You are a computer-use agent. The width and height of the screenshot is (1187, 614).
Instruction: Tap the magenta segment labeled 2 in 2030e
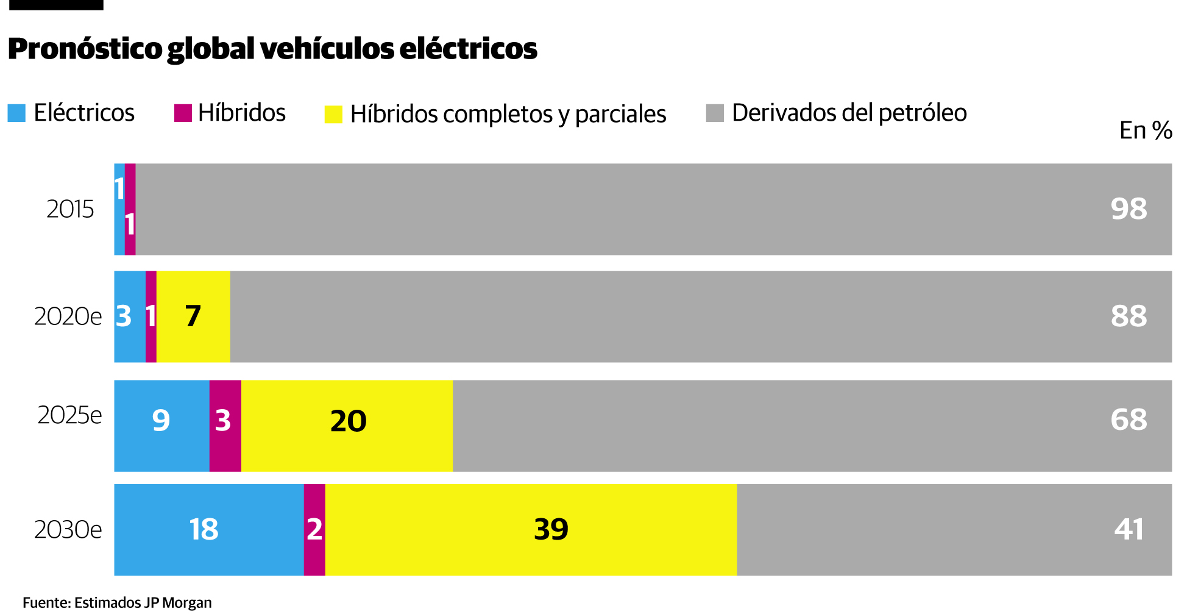(x=314, y=529)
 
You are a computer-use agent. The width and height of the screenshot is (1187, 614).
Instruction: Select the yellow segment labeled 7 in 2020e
(x=193, y=316)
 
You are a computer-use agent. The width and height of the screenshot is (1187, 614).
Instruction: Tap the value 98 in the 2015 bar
(x=1129, y=209)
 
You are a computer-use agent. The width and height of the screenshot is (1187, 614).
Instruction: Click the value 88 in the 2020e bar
(x=1129, y=316)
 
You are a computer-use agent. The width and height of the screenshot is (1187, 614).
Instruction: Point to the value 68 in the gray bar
(x=1129, y=419)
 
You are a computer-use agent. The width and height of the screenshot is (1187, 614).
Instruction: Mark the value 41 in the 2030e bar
(x=1129, y=529)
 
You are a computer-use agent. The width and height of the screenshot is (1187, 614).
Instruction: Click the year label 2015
(x=70, y=209)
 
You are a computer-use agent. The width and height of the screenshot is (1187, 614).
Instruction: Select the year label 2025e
(x=69, y=415)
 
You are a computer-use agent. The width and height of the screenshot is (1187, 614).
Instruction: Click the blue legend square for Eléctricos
(x=16, y=113)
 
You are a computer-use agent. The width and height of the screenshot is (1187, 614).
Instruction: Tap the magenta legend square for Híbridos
(x=183, y=113)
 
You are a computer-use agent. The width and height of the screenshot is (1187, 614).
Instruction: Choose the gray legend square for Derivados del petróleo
(x=715, y=113)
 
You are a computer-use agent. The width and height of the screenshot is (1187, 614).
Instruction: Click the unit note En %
(x=1145, y=130)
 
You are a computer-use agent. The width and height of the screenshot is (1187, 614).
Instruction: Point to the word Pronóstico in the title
(x=85, y=49)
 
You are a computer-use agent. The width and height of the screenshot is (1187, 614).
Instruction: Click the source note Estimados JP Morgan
(x=143, y=602)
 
